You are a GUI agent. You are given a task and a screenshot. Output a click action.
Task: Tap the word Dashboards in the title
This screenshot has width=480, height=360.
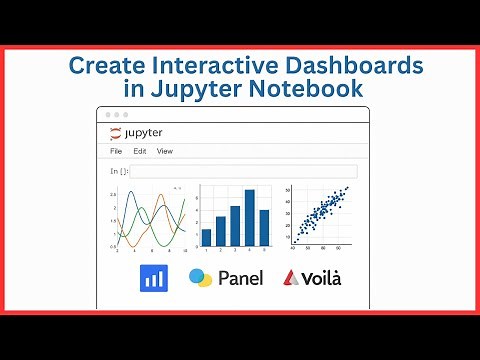tap(354, 65)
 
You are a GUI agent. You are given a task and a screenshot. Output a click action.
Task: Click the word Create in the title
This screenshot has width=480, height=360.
tap(107, 65)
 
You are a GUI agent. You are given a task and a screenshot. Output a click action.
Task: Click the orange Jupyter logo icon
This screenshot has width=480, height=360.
tap(115, 132)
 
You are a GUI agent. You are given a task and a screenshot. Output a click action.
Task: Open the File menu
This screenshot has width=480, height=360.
tap(116, 151)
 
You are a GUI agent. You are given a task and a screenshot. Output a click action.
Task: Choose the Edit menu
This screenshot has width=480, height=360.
tap(140, 151)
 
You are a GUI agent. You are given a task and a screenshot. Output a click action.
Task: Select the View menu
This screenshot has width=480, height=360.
tap(165, 151)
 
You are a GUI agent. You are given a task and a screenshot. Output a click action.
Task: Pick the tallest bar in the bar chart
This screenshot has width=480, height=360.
tap(251, 217)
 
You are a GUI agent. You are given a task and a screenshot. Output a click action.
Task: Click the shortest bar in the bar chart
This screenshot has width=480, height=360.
tap(207, 237)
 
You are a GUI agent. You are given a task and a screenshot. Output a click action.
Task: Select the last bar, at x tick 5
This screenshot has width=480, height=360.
tap(265, 227)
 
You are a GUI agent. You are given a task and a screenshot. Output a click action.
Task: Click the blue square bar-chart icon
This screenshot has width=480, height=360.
tap(154, 278)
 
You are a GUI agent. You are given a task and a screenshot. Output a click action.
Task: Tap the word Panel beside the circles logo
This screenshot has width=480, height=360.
tap(240, 278)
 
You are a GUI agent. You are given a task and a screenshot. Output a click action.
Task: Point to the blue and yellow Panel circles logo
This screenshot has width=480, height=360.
tap(201, 278)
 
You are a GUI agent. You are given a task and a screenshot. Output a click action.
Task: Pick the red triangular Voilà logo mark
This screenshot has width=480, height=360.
tap(292, 278)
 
